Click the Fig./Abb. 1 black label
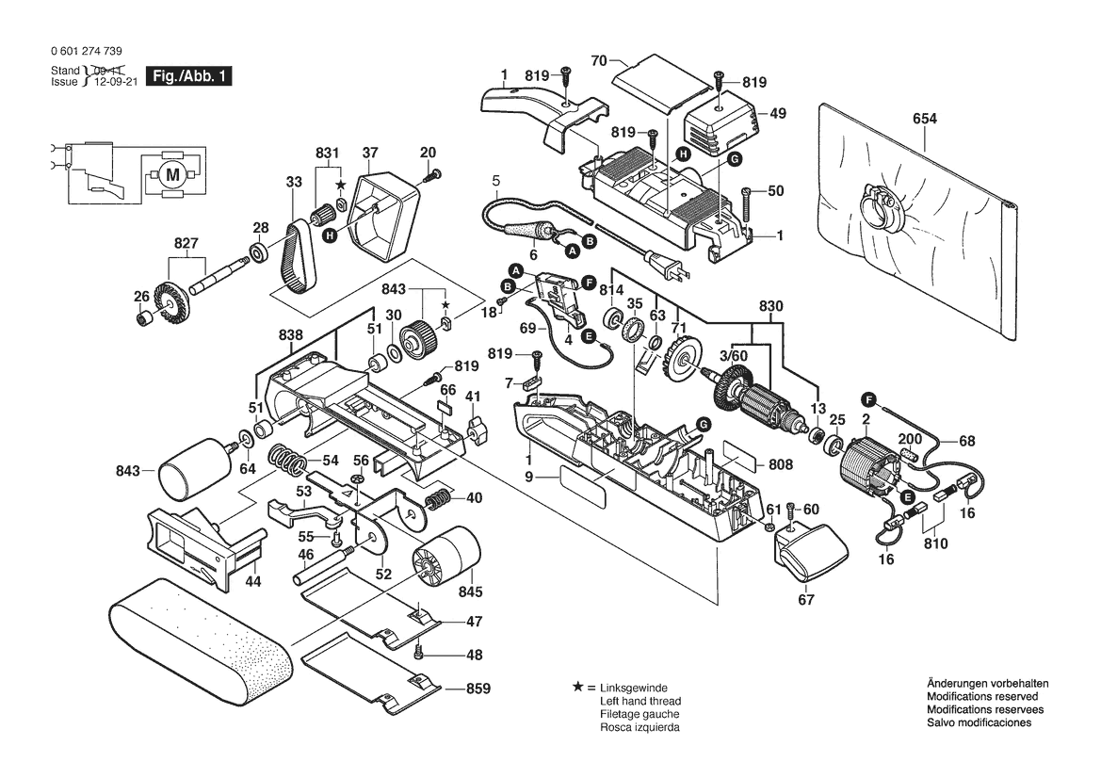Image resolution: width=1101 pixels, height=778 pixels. click(188, 76)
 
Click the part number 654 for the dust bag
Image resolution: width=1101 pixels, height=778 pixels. click(925, 120)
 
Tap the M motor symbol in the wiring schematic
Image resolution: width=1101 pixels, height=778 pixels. click(171, 174)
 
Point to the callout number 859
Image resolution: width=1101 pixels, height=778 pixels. click(478, 689)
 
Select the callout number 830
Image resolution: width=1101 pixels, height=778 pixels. click(770, 306)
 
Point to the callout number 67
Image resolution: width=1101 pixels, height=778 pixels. click(806, 600)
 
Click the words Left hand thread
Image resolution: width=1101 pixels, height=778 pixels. click(640, 702)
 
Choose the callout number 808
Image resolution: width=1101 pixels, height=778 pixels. click(781, 464)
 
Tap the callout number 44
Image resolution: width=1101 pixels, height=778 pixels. click(252, 581)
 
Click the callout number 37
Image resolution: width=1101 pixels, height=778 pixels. click(370, 153)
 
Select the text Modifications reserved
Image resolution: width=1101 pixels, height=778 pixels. click(982, 696)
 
